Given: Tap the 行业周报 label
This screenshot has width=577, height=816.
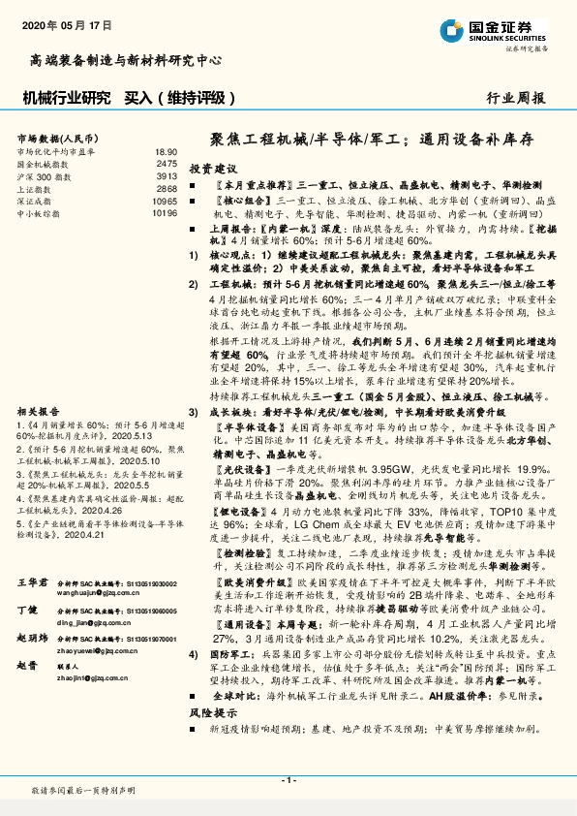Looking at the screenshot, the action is point(517,98).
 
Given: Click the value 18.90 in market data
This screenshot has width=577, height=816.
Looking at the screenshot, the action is point(166,152).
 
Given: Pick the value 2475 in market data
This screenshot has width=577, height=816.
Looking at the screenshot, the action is point(167,164).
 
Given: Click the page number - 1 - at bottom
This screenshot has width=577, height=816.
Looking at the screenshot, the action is point(288,780).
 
